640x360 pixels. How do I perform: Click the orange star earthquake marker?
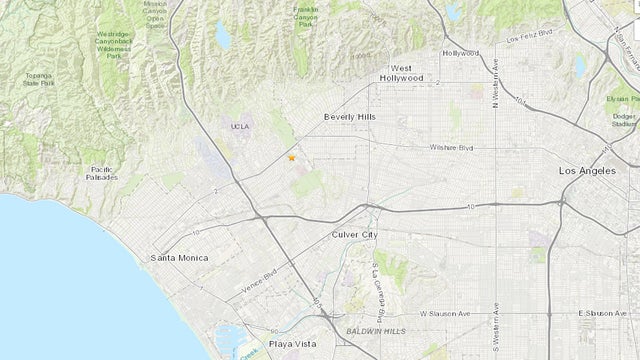click(x=291, y=157)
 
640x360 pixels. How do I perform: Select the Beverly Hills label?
click(x=348, y=116)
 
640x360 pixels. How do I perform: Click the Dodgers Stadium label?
click(x=624, y=121)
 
